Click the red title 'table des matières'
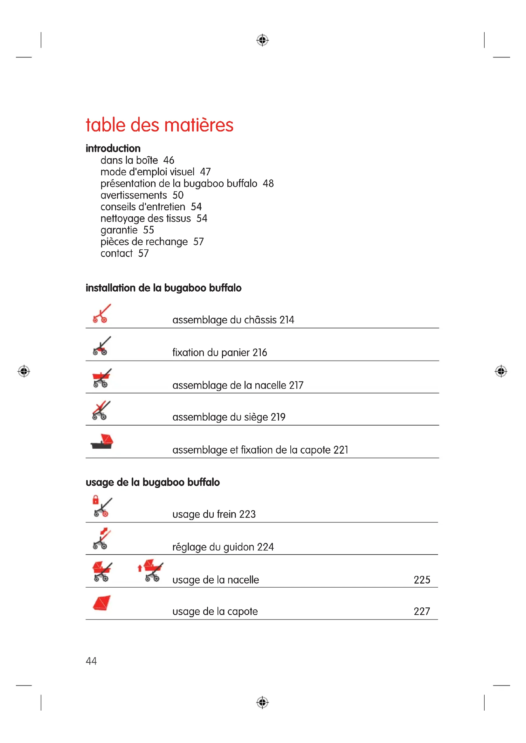[159, 125]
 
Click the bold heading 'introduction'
[113, 149]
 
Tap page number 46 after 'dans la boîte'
[169, 160]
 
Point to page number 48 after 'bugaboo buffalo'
[268, 184]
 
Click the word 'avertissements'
[134, 195]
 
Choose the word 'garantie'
[119, 230]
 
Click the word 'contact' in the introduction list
[116, 253]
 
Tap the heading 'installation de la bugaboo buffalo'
[163, 288]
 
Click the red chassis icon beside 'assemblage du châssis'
[102, 313]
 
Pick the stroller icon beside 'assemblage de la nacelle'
[102, 378]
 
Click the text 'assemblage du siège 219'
[229, 417]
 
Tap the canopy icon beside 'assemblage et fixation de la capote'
[102, 442]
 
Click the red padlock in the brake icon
[95, 500]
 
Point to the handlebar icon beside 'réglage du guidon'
[102, 539]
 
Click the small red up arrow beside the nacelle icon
[140, 568]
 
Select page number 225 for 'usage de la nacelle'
[422, 580]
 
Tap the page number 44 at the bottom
[91, 661]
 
